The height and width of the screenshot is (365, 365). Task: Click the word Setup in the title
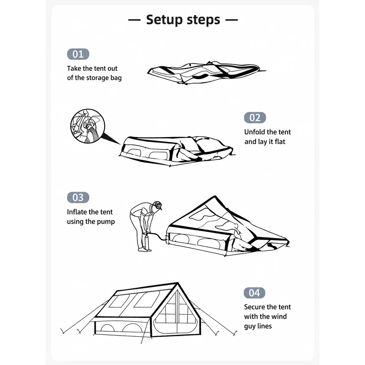(164, 20)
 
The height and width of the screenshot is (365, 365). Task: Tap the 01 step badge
(78, 54)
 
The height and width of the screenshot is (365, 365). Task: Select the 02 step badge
(255, 118)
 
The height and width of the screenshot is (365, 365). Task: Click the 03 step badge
(78, 197)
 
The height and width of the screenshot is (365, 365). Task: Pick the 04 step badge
(254, 293)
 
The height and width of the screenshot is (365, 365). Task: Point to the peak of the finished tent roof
(178, 283)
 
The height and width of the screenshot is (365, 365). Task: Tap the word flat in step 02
(280, 142)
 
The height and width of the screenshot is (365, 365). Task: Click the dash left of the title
(134, 20)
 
